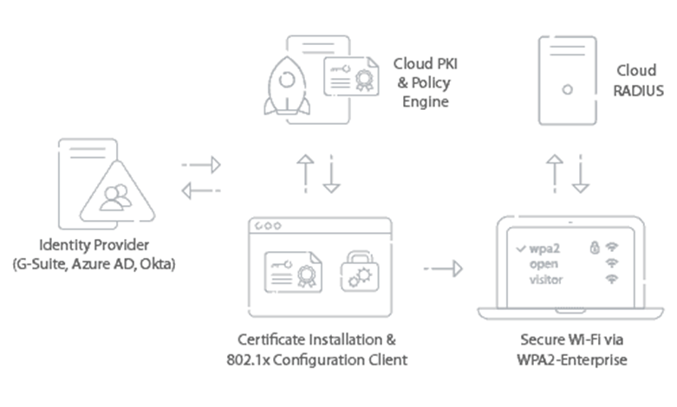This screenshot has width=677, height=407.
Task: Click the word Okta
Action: (x=159, y=262)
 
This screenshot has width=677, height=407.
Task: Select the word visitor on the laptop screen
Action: (x=545, y=280)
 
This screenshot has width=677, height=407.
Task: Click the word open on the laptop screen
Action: (x=545, y=264)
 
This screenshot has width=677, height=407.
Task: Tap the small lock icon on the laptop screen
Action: (x=595, y=247)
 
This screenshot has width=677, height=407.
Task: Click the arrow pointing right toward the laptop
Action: (x=443, y=268)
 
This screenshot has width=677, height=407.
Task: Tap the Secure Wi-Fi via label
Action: (x=572, y=339)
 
